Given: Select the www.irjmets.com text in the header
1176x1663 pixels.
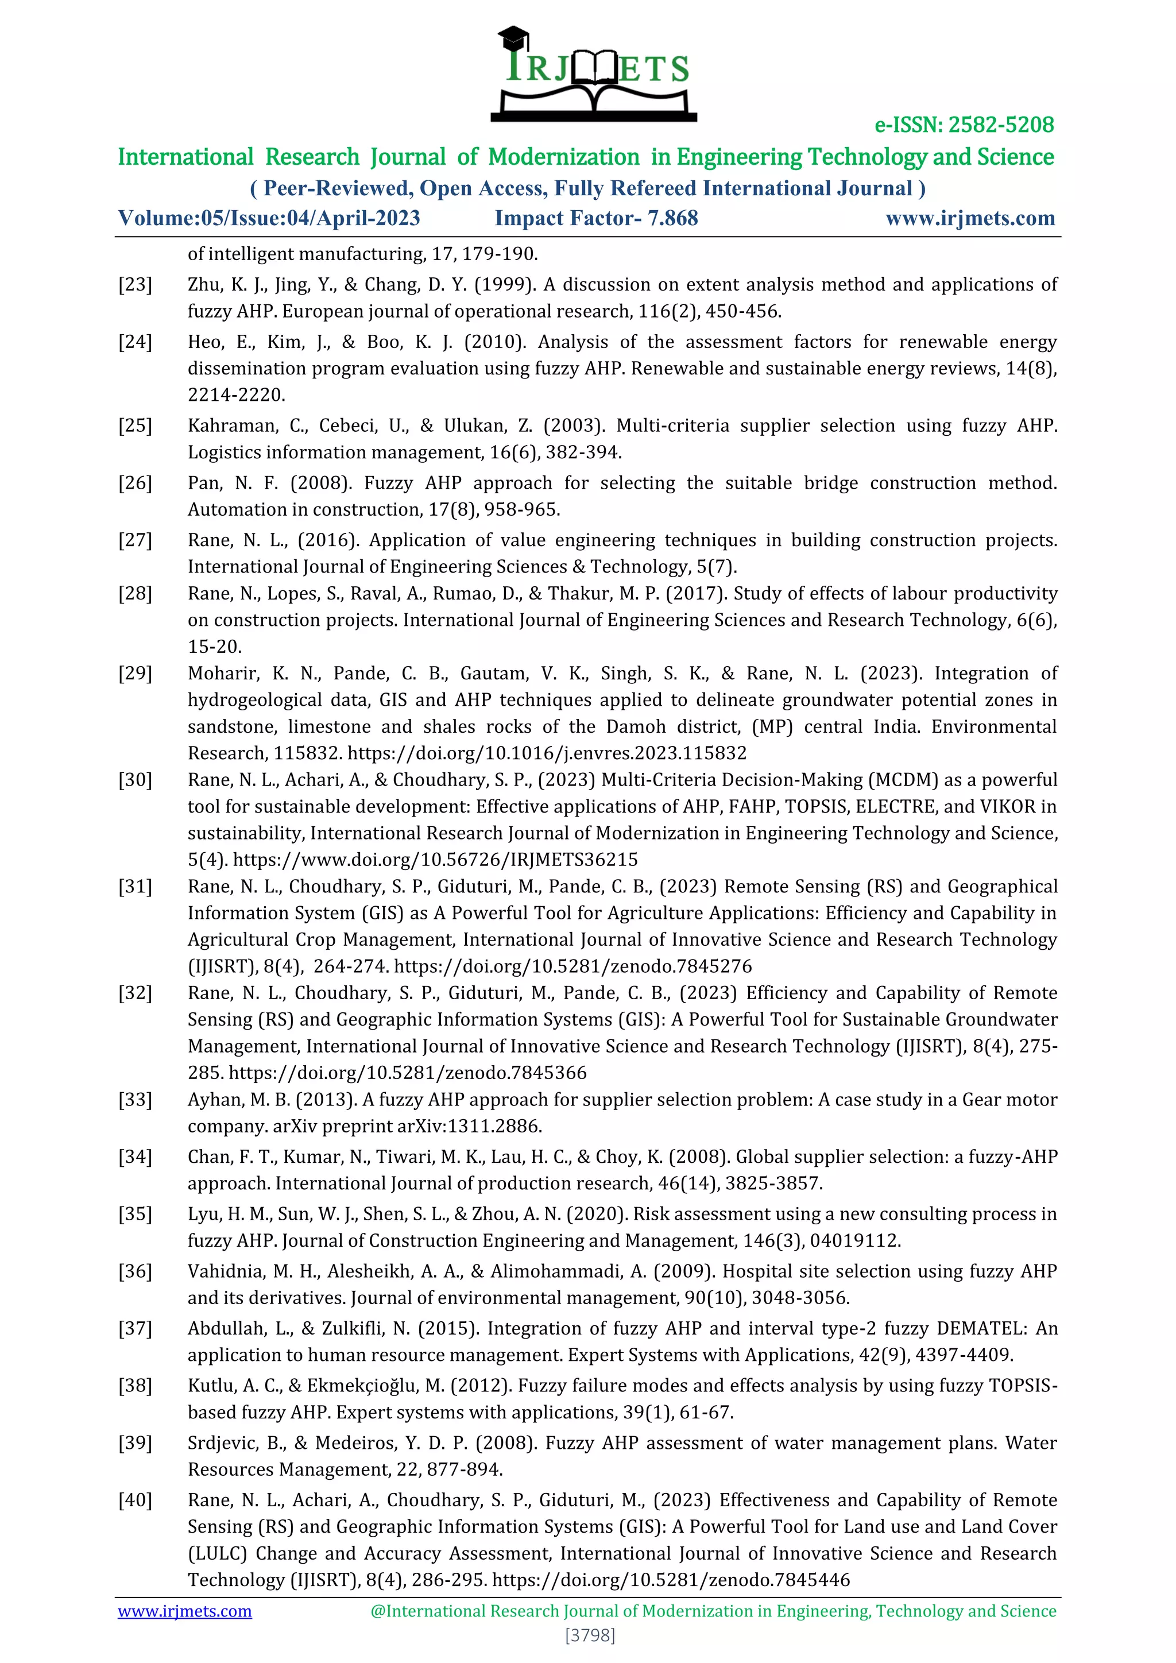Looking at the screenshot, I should coord(970,218).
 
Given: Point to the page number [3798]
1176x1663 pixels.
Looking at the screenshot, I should coord(590,1635).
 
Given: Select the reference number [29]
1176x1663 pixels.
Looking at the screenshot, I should coord(136,674).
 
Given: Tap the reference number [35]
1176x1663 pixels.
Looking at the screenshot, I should coord(136,1214).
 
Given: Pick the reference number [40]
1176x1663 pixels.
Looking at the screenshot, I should coord(136,1500).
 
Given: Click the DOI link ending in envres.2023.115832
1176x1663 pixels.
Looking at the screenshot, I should coord(547,753).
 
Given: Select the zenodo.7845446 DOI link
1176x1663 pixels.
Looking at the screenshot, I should coord(671,1580).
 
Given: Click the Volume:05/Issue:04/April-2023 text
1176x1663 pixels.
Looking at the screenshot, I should coord(269,218).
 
